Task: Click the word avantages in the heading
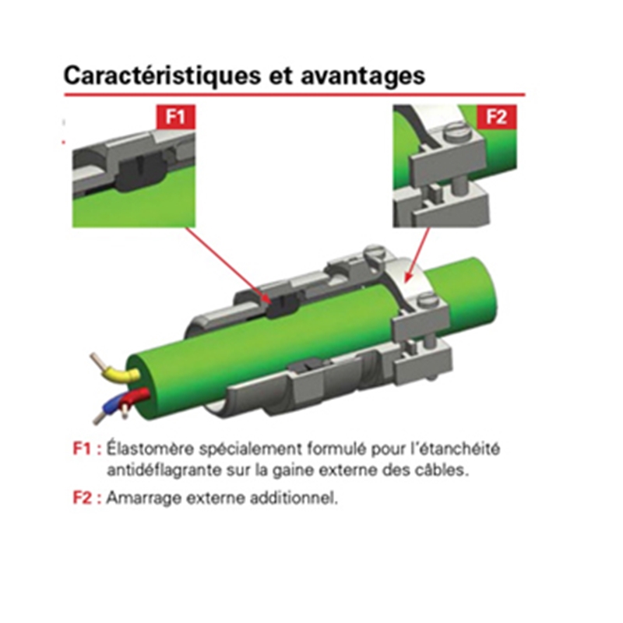(363, 76)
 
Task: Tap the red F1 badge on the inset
(176, 117)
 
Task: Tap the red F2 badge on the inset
(497, 117)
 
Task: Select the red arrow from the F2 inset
(417, 255)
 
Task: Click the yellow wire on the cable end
(119, 372)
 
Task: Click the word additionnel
(294, 498)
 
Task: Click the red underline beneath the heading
(294, 95)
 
